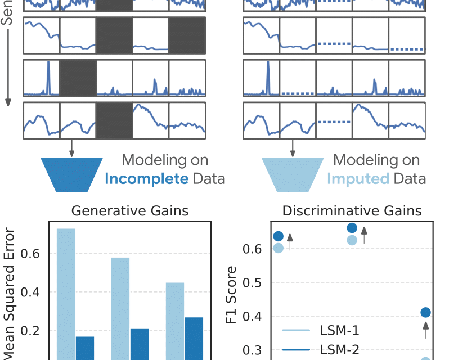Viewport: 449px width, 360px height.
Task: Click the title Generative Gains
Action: point(129,211)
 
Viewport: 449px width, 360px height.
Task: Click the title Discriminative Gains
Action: point(352,211)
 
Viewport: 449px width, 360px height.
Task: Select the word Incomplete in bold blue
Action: point(146,179)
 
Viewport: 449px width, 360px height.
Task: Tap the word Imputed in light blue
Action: point(358,179)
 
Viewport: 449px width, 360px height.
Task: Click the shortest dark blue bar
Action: point(84,348)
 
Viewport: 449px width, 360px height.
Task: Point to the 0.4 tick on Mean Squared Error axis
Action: point(32,292)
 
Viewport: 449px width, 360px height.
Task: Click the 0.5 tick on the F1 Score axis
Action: point(253,282)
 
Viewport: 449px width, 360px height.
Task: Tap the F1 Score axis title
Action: point(232,298)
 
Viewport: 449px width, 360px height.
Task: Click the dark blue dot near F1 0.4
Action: point(426,312)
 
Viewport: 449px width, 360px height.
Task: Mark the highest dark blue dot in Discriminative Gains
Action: point(352,228)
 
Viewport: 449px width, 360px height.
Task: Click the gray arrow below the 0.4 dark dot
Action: point(426,330)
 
